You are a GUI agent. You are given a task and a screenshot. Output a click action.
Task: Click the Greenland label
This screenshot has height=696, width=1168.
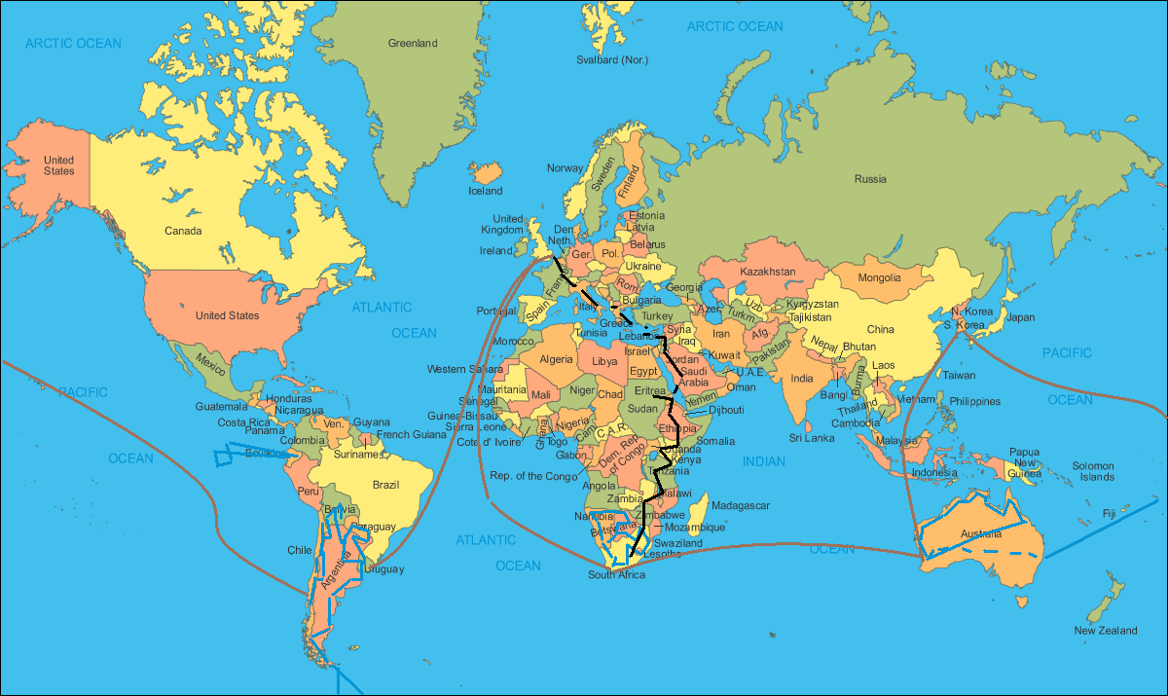click(x=413, y=44)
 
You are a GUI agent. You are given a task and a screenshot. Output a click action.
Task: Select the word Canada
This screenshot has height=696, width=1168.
click(x=183, y=231)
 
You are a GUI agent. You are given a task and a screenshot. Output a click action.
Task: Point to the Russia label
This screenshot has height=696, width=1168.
click(x=870, y=179)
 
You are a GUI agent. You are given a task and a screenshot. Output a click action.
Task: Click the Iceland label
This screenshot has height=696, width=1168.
click(x=486, y=191)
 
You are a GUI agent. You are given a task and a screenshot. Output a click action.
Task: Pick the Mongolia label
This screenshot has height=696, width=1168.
click(x=879, y=278)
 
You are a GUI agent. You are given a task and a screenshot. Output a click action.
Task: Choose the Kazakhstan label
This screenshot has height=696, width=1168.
click(x=768, y=271)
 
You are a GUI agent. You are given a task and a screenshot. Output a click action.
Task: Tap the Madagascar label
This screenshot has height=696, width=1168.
click(x=741, y=505)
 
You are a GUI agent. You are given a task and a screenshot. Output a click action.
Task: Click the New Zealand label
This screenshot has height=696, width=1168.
click(x=1105, y=631)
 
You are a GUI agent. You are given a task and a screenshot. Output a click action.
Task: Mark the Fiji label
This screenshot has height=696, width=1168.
click(x=1109, y=513)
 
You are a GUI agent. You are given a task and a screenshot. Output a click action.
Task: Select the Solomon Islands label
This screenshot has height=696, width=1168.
click(x=1093, y=471)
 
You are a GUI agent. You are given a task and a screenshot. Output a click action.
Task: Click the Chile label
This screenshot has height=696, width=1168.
click(x=300, y=550)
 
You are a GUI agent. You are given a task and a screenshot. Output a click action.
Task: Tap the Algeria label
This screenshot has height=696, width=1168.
click(x=557, y=359)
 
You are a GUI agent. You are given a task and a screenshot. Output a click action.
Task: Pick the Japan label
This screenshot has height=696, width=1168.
click(x=1021, y=317)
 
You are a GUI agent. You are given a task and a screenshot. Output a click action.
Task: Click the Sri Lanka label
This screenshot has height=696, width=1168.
click(x=812, y=438)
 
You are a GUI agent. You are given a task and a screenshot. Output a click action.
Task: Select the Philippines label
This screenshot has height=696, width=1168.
click(x=975, y=401)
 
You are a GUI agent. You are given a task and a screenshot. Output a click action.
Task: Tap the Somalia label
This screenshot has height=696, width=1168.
click(x=716, y=441)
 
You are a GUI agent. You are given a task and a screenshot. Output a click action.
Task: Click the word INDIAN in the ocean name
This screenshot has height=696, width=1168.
click(x=764, y=461)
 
